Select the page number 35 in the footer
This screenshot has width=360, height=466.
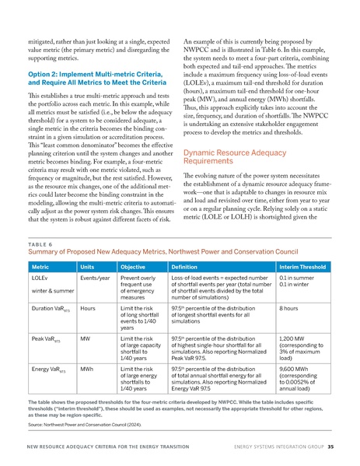click(330, 447)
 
